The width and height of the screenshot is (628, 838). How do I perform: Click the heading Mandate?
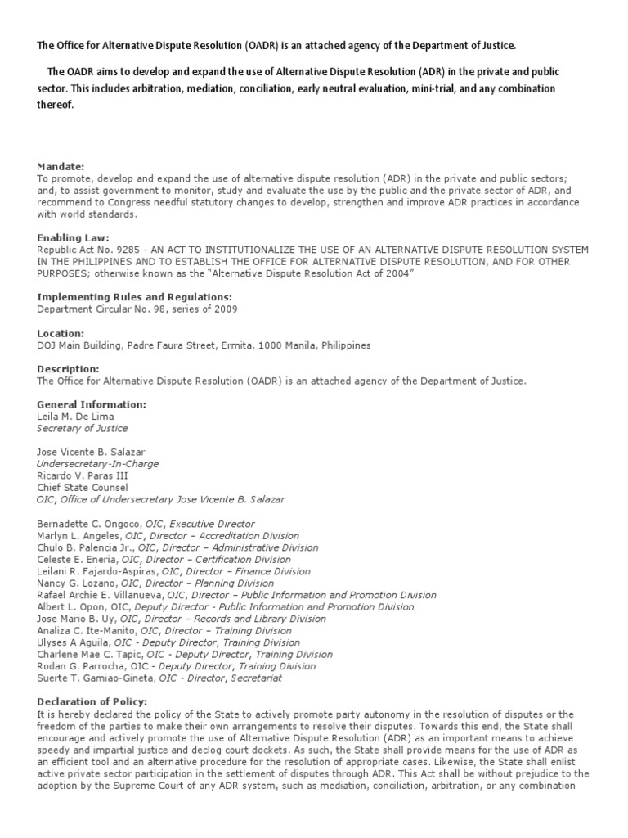tap(61, 166)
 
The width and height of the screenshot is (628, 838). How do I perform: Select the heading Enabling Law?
tap(72, 237)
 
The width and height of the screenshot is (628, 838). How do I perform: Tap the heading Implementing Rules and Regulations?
tap(135, 297)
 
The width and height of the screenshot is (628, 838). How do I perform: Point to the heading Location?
tap(61, 333)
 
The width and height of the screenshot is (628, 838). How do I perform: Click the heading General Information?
tap(92, 404)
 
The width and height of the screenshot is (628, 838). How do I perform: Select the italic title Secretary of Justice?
tap(83, 428)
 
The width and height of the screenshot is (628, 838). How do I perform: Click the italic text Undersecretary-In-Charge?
tap(98, 464)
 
